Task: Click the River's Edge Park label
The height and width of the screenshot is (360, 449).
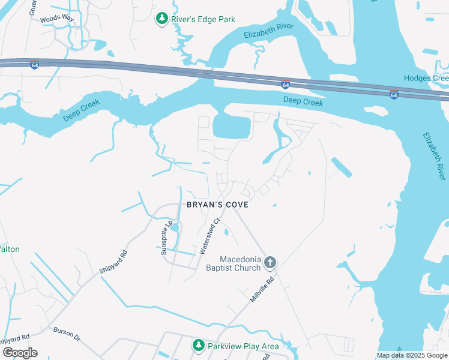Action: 203,19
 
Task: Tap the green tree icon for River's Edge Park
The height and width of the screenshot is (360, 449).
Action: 161,19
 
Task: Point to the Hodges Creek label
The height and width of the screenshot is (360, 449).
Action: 426,78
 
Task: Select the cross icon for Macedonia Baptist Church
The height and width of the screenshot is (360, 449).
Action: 270,262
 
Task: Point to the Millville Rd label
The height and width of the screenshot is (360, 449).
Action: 262,290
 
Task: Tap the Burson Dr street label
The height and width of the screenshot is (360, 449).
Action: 67,331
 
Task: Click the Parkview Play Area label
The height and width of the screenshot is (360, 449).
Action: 243,346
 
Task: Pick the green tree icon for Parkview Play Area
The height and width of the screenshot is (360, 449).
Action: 199,346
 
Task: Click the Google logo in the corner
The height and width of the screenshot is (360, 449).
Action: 19,353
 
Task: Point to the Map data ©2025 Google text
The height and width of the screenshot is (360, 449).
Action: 412,355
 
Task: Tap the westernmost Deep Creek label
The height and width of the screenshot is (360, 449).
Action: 82,111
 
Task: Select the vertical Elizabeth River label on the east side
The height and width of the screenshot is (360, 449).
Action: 434,156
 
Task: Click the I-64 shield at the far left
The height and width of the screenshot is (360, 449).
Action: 34,65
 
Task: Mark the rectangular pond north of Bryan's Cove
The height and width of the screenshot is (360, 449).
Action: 231,127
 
